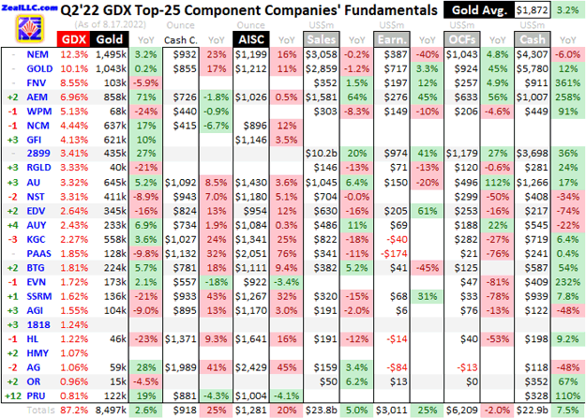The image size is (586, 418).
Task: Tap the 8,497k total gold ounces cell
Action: point(111,410)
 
